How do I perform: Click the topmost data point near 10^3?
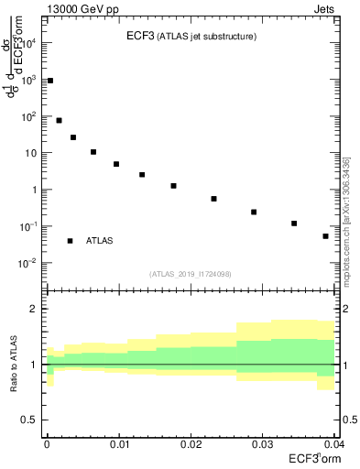pyautogui.click(x=50, y=81)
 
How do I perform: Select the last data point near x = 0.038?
pyautogui.click(x=325, y=236)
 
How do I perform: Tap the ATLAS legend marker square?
pyautogui.click(x=70, y=241)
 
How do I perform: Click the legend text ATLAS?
pyautogui.click(x=99, y=241)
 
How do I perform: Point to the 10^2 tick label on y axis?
pyautogui.click(x=30, y=116)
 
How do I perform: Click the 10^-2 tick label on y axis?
pyautogui.click(x=29, y=263)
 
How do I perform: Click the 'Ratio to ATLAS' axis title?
pyautogui.click(x=12, y=364)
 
